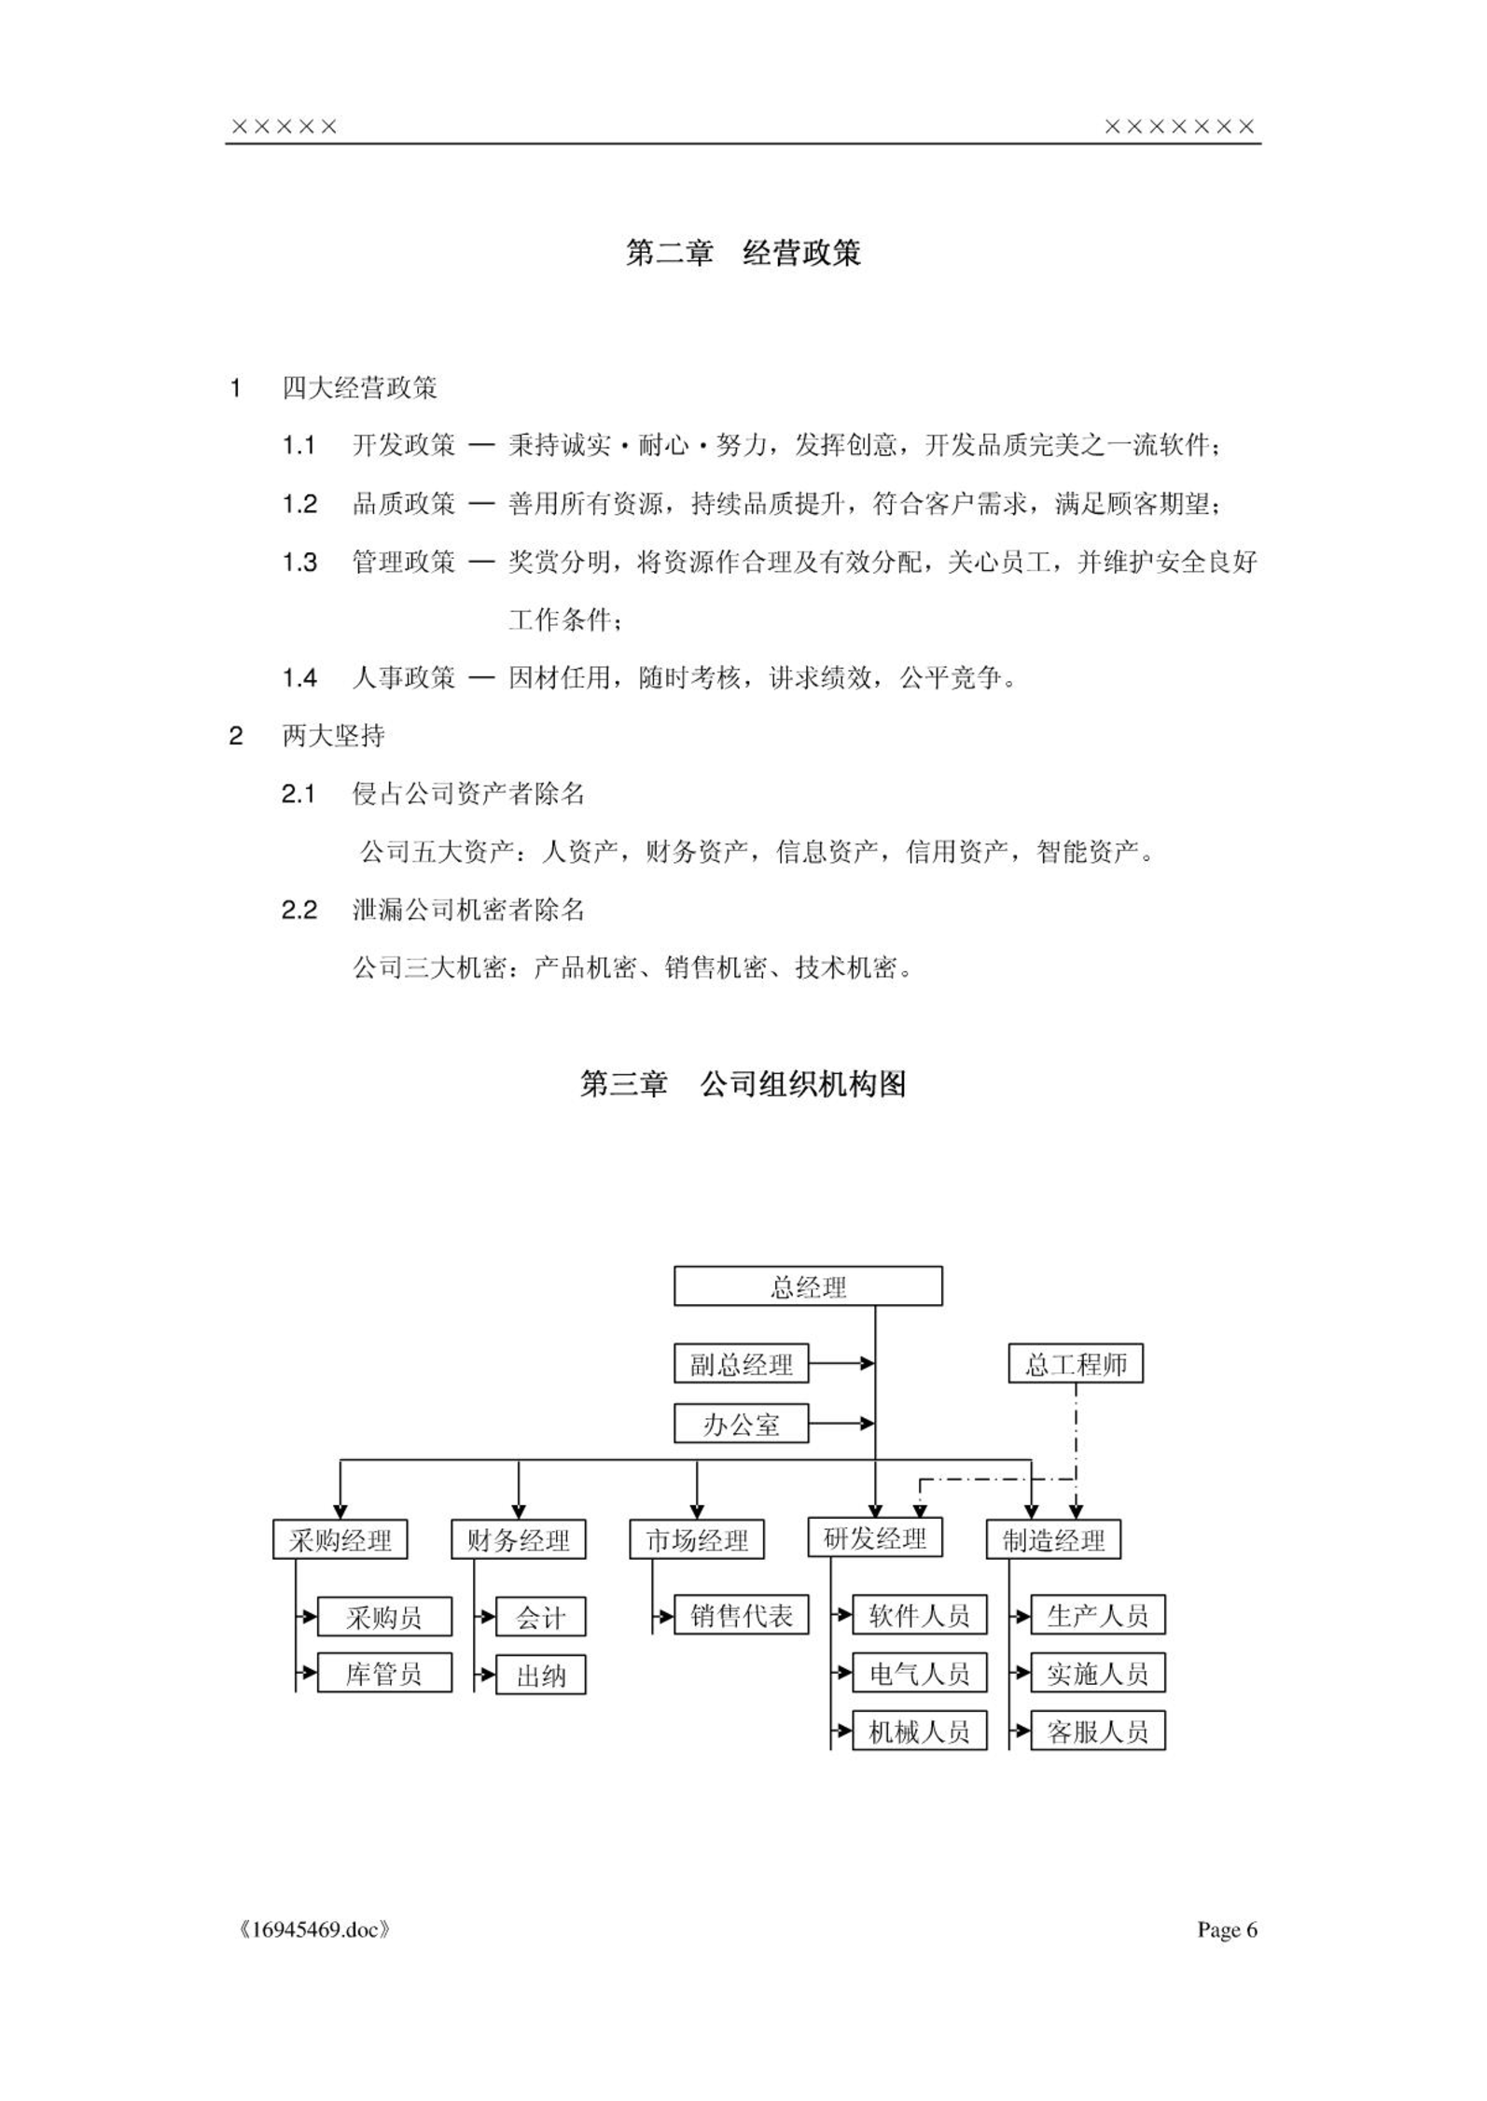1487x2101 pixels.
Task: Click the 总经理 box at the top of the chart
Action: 808,1286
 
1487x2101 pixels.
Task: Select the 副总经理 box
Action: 741,1364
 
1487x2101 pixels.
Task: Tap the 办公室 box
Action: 741,1424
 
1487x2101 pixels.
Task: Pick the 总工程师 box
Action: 1076,1364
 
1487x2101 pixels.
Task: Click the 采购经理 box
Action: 340,1539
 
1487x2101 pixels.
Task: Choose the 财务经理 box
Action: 519,1539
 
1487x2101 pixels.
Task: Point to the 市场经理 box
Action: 697,1539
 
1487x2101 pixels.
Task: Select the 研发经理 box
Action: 875,1537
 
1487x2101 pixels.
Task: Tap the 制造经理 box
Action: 1053,1539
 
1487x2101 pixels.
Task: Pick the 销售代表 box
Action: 741,1615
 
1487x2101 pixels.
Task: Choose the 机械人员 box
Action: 920,1732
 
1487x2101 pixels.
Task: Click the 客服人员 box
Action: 1098,1732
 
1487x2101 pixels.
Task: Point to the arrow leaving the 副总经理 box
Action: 841,1364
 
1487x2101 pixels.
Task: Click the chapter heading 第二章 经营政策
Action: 743,253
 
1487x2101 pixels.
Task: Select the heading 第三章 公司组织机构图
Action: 743,1084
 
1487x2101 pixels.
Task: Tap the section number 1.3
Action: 299,563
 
